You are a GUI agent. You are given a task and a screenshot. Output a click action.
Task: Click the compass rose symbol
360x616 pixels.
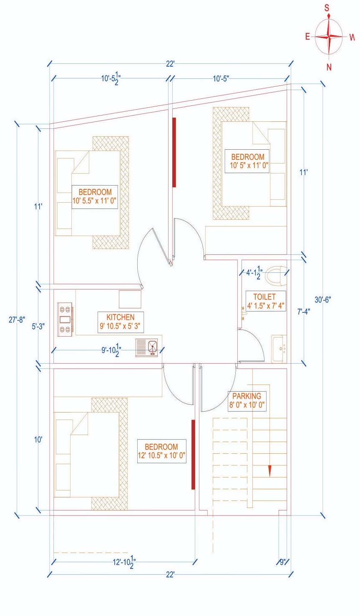point(329,37)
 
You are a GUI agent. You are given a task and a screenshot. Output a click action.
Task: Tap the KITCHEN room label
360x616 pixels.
point(120,322)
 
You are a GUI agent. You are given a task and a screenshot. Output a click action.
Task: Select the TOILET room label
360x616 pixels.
point(264,301)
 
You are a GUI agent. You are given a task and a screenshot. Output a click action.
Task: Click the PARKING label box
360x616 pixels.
point(247,400)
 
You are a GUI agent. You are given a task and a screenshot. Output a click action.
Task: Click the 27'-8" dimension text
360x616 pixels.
point(17,319)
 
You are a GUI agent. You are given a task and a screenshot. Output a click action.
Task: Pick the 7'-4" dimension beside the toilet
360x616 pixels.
point(303,311)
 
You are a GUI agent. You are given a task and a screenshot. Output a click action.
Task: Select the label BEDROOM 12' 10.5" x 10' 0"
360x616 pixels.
point(161,451)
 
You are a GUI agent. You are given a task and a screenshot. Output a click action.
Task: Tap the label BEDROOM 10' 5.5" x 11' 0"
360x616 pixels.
point(95,196)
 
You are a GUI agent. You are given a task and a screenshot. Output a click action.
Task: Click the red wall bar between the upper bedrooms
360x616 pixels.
point(174,152)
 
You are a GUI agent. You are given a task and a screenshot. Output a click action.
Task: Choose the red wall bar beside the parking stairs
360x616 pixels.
point(193,454)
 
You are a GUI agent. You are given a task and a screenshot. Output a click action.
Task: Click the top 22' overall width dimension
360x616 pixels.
point(170,64)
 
